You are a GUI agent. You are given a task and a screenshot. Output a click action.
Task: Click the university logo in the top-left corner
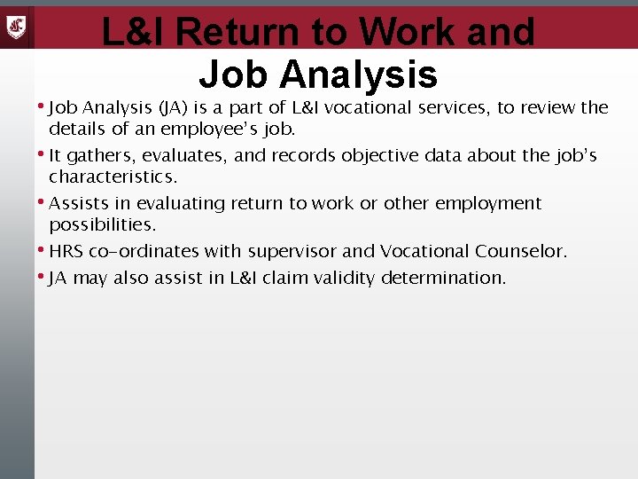(x=17, y=26)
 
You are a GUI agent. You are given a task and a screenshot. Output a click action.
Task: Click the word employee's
(x=210, y=129)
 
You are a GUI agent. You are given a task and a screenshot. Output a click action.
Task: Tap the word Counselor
(x=520, y=251)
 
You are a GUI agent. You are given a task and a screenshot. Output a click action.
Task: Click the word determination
(x=444, y=278)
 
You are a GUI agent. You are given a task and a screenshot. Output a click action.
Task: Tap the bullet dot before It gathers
(x=43, y=153)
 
